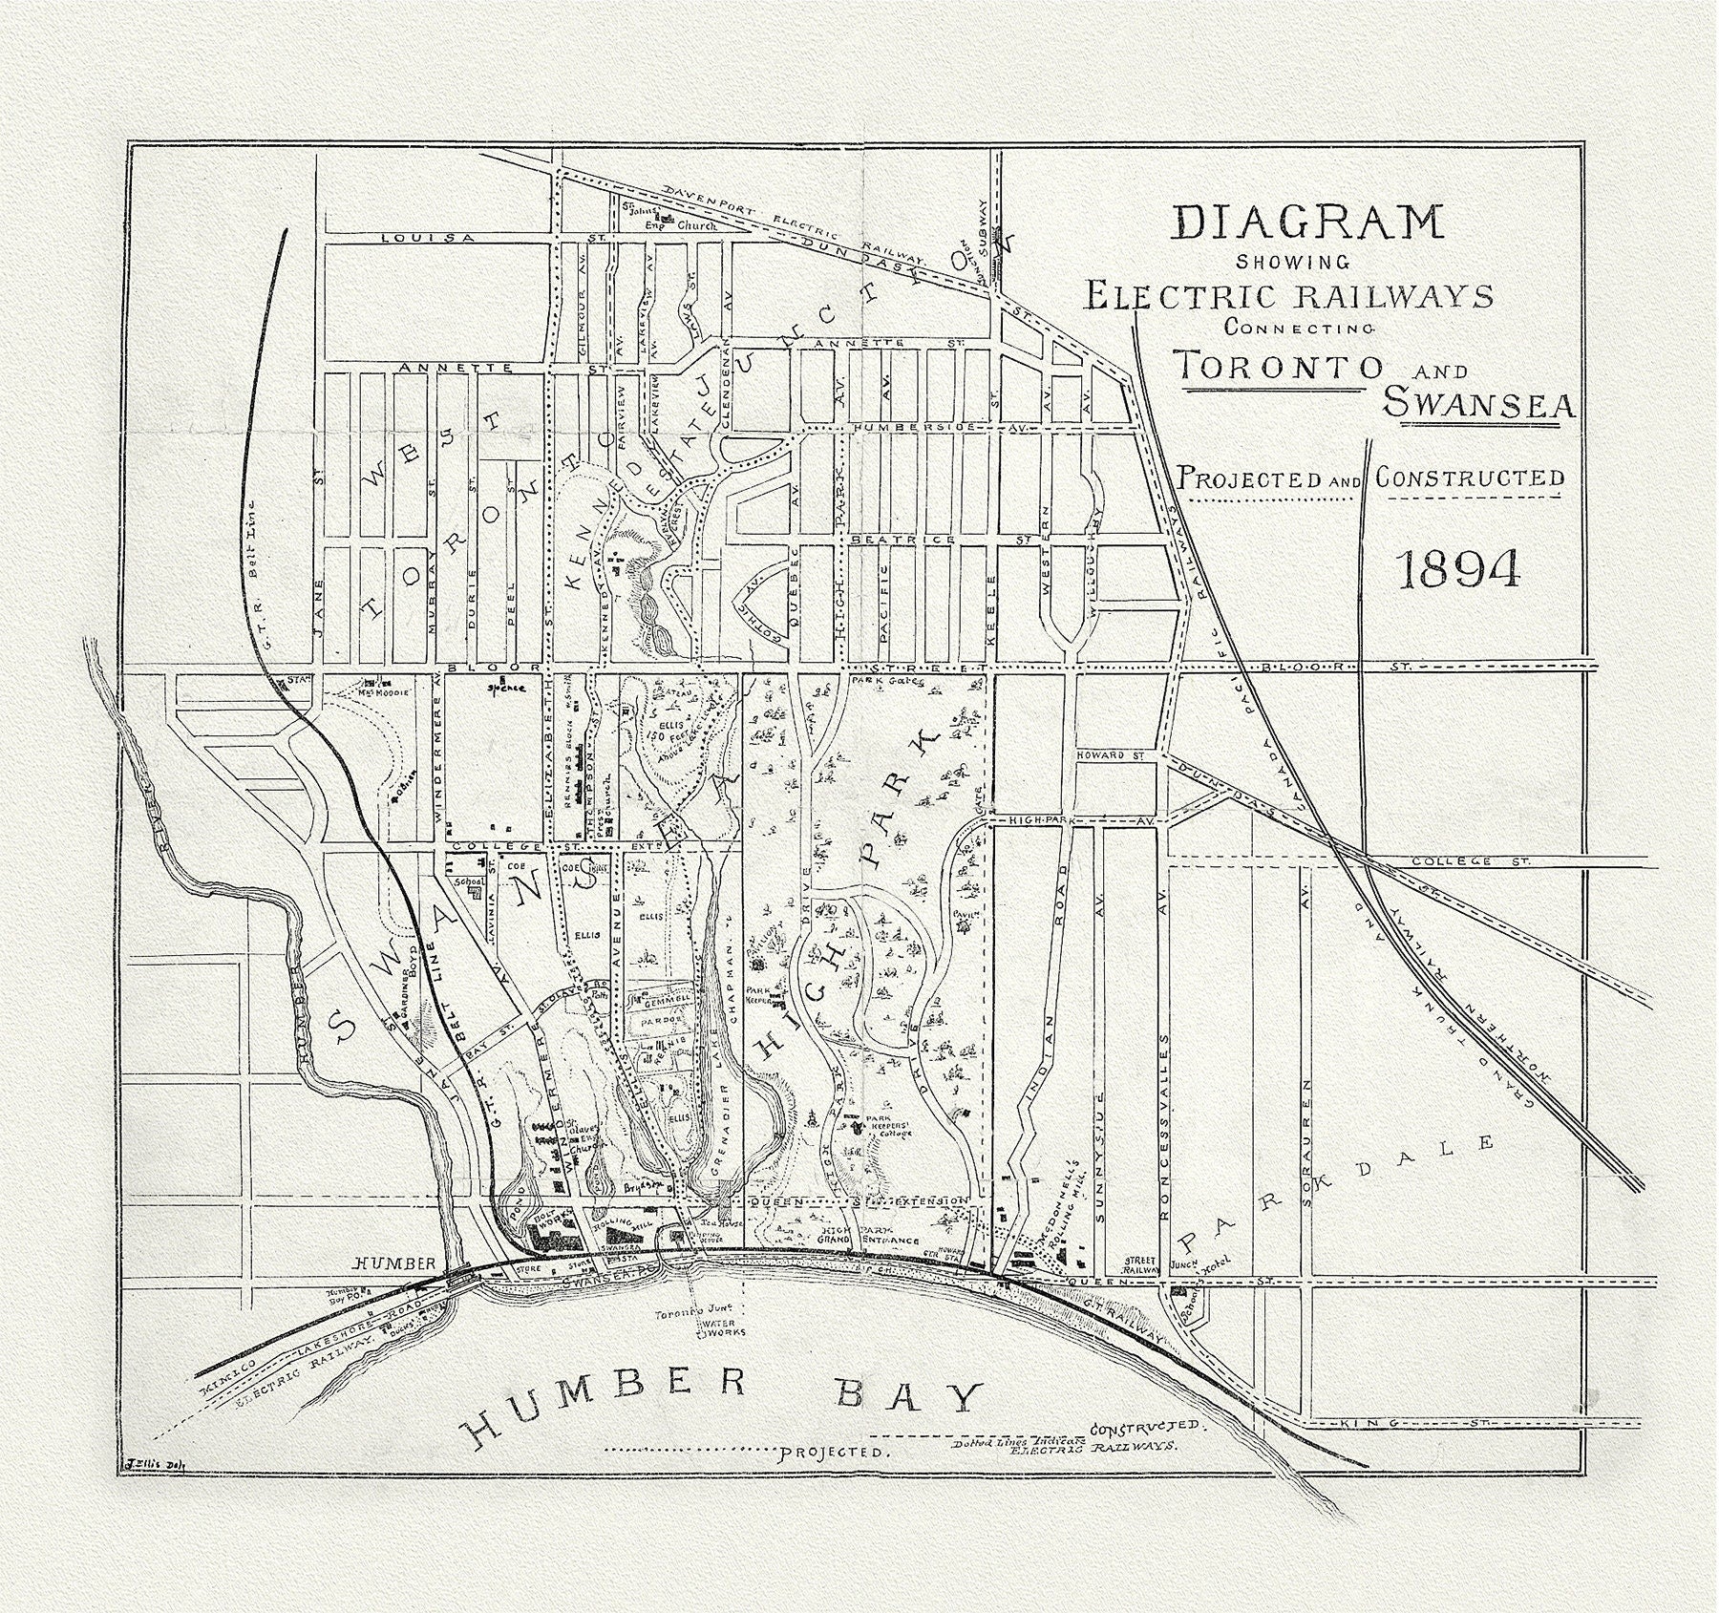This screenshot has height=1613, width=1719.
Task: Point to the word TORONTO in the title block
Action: click(1278, 365)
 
